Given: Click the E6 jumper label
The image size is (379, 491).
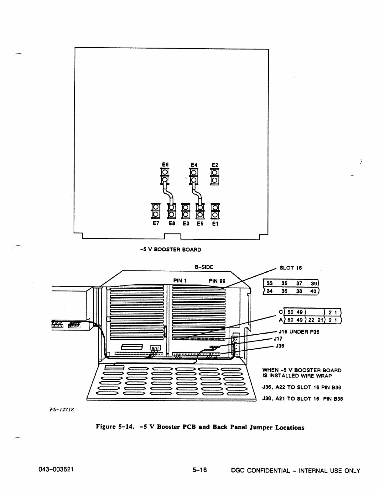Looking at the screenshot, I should click(165, 165).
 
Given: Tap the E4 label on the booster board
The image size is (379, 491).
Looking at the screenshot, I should click(194, 165).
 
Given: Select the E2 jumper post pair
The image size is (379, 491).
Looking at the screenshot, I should click(215, 177).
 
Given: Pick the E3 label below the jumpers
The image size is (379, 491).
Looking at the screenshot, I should click(186, 223).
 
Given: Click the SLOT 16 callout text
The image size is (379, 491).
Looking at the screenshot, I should click(290, 268).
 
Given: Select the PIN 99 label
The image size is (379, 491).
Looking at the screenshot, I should click(217, 281).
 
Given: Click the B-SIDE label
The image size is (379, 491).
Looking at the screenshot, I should click(204, 267).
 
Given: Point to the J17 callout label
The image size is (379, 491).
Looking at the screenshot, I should click(278, 339).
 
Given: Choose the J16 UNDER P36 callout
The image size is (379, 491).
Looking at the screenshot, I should click(299, 332).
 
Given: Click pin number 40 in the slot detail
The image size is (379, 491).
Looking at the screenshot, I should click(313, 291).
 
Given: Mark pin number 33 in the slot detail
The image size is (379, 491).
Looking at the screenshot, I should click(269, 283).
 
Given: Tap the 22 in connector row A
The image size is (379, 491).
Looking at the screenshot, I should click(311, 320).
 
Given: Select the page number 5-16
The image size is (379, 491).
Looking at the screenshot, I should click(200, 470).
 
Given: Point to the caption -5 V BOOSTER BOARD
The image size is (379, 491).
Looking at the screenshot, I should click(170, 250).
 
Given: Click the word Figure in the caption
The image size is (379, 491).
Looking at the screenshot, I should click(106, 427).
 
